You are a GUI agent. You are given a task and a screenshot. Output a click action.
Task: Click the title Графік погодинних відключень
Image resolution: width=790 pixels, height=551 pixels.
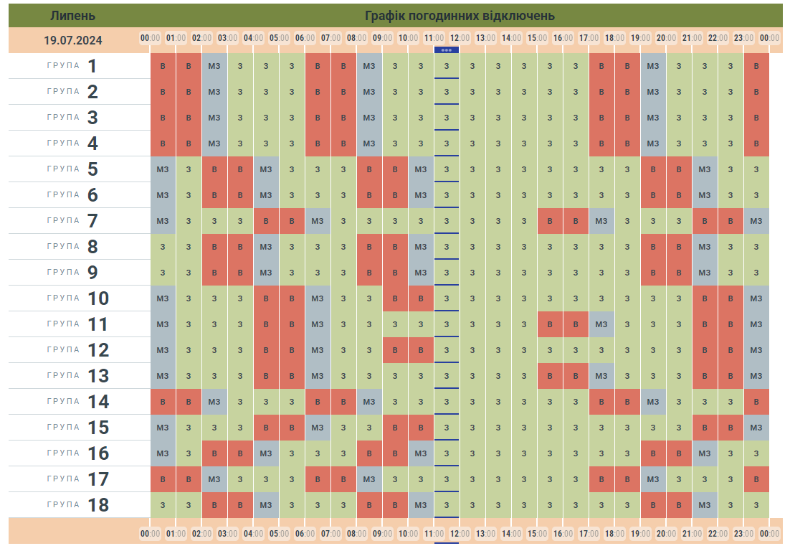[460, 16]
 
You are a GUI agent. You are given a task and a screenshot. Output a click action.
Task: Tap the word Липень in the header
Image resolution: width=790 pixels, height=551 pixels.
[72, 16]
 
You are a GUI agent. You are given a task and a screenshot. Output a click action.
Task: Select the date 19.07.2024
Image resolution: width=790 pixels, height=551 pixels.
[72, 40]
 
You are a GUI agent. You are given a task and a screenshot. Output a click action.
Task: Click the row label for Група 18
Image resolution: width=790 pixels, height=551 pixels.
[78, 504]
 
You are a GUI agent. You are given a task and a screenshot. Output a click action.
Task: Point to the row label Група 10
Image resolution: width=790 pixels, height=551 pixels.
[78, 298]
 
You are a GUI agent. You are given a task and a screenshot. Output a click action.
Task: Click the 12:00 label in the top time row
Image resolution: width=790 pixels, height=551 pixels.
[460, 37]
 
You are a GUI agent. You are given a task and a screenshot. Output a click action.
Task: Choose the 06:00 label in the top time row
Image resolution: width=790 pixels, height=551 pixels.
[305, 37]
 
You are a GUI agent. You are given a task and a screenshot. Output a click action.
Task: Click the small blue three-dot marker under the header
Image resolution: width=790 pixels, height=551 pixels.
[447, 50]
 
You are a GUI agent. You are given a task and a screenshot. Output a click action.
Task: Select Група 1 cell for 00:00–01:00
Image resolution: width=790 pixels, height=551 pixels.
[163, 66]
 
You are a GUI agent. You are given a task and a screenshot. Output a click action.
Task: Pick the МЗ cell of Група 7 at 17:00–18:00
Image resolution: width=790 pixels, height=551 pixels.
[601, 221]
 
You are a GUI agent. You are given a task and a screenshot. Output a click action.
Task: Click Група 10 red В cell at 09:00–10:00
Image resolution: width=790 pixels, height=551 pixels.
[395, 298]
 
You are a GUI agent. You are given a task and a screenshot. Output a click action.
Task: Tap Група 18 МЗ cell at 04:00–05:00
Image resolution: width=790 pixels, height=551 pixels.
[266, 505]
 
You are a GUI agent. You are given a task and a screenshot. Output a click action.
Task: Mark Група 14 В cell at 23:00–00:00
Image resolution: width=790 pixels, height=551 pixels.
[756, 402]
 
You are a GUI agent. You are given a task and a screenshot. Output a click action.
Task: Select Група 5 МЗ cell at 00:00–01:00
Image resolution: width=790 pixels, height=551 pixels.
[163, 169]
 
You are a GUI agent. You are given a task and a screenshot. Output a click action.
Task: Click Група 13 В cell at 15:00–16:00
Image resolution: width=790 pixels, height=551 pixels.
[550, 376]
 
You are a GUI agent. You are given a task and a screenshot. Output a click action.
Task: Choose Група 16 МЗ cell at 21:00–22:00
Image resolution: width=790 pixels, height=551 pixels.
[705, 453]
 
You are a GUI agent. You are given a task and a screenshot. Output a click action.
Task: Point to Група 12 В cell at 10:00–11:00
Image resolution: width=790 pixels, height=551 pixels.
[421, 350]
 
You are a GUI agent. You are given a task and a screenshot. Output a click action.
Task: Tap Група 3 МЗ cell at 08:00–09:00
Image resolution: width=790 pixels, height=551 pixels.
[369, 118]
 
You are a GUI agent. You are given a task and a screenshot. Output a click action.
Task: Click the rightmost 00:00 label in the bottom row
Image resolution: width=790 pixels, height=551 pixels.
[770, 534]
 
